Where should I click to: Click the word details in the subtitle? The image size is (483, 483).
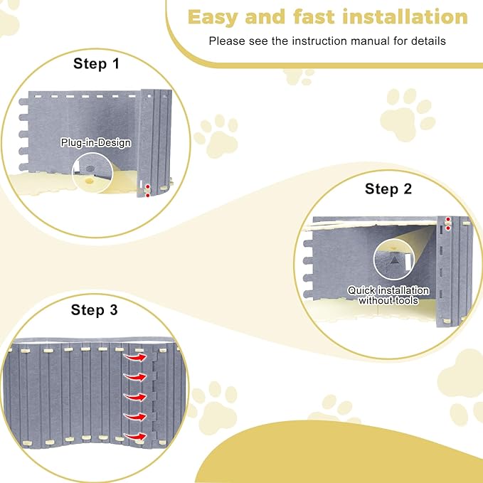428,41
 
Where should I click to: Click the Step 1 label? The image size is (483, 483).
97,63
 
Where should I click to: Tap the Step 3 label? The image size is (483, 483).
95,310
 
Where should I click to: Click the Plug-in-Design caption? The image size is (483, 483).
95,143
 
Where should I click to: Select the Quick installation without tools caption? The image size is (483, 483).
388,295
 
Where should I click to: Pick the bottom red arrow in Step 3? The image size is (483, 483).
133,435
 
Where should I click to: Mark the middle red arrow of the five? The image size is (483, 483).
133,396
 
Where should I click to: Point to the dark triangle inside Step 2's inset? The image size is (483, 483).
393,261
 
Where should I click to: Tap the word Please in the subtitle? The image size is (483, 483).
225,41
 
